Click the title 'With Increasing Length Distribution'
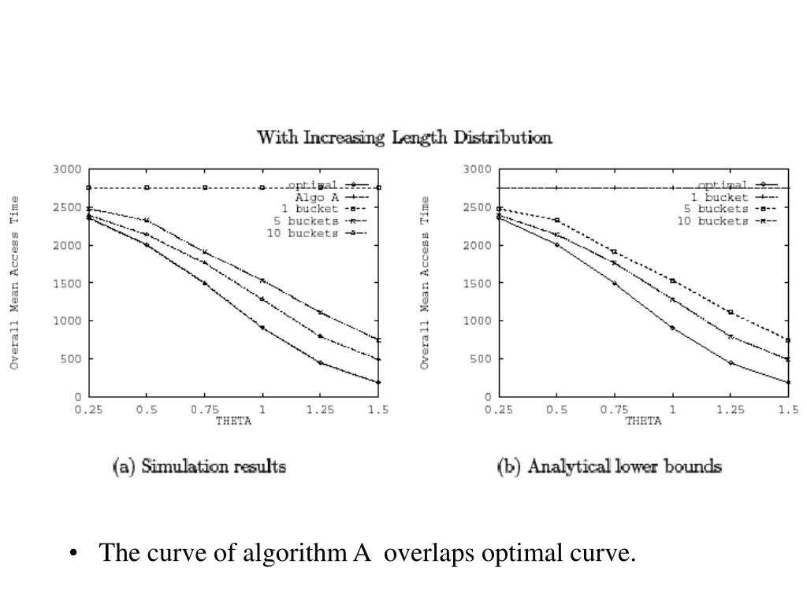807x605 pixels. pyautogui.click(x=404, y=138)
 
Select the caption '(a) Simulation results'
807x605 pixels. pyautogui.click(x=199, y=466)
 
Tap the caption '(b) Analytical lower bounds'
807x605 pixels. pyautogui.click(x=609, y=466)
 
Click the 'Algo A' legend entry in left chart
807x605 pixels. pyautogui.click(x=311, y=197)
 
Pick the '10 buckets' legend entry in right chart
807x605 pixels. pyautogui.click(x=712, y=221)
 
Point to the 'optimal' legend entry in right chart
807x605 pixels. pyautogui.click(x=722, y=185)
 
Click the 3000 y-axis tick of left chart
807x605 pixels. pyautogui.click(x=68, y=169)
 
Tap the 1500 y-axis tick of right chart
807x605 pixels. pyautogui.click(x=477, y=283)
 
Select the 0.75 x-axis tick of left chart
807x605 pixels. pyautogui.click(x=204, y=410)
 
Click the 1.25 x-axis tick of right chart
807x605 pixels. pyautogui.click(x=730, y=410)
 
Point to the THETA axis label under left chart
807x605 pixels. pyautogui.click(x=233, y=421)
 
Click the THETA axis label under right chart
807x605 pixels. pyautogui.click(x=643, y=421)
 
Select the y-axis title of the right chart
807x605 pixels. pyautogui.click(x=426, y=283)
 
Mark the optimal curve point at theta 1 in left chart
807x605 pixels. pyautogui.click(x=262, y=328)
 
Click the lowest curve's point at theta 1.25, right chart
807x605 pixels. pyautogui.click(x=731, y=363)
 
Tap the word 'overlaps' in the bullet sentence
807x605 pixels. pyautogui.click(x=429, y=554)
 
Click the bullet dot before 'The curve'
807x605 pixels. pyautogui.click(x=73, y=555)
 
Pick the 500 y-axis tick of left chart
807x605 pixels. pyautogui.click(x=71, y=358)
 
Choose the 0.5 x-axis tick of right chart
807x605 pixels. pyautogui.click(x=556, y=410)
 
